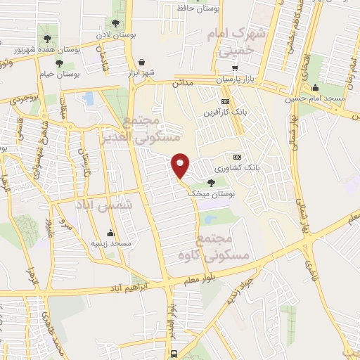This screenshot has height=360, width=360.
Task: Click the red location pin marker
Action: click(x=181, y=166)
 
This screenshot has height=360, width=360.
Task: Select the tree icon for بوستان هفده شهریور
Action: click(x=48, y=39)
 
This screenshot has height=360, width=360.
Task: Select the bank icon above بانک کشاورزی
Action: click(x=237, y=157)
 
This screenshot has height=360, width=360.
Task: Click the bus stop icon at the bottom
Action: click(x=174, y=353)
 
